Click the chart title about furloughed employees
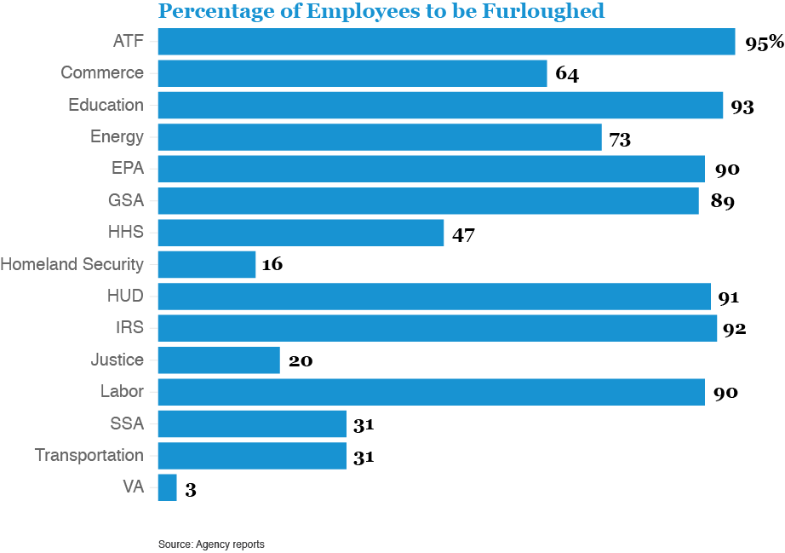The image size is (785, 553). pos(381,11)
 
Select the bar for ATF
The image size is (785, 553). pos(446,42)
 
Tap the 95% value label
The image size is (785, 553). pos(764,43)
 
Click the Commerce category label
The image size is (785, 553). pos(102,73)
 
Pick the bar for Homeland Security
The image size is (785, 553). pos(207,264)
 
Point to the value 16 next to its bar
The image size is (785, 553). pos(272,265)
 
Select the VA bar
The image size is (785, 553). pos(167,488)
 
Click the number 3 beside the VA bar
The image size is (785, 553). pos(191,490)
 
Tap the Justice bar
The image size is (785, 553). pos(219,360)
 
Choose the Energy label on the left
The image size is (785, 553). pos(117,137)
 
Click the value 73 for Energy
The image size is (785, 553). pos(620,139)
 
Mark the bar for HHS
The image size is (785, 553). pos(301,233)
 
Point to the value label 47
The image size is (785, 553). pos(463,234)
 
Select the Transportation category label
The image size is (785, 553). pos(89,456)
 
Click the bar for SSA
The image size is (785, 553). pos(252,424)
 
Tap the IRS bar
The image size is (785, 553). pos(438,328)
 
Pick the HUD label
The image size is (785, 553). pos(125,297)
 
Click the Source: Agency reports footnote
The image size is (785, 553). pos(211,544)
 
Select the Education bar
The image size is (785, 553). pos(440,106)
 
